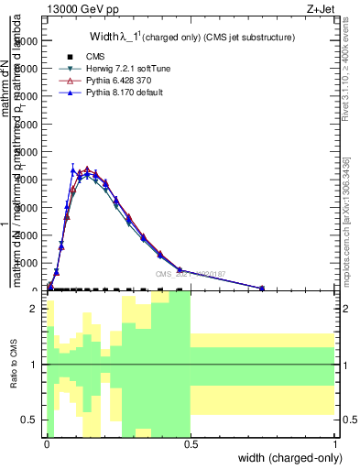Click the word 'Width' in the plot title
tap(106, 38)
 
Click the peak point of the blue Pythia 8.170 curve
tap(73, 169)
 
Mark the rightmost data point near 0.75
tap(262, 288)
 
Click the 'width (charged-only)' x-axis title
tap(289, 457)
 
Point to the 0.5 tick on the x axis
tap(191, 445)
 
